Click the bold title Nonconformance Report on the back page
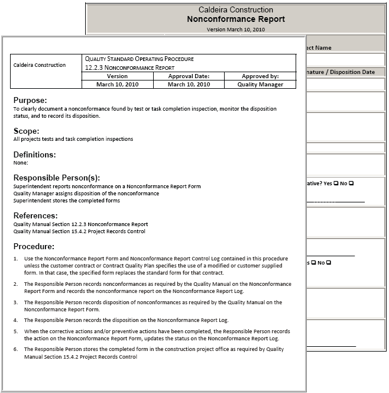point(236,19)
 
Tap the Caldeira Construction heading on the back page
point(236,9)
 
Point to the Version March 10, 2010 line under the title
point(236,29)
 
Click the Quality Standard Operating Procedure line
point(139,59)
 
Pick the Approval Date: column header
point(189,76)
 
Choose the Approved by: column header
point(260,76)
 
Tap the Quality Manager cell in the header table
point(260,85)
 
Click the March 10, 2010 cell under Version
point(117,85)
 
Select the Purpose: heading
point(30,101)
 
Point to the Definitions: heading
point(35,154)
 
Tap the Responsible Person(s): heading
point(57,178)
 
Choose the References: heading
point(35,215)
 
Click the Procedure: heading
point(34,246)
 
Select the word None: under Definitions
point(21,163)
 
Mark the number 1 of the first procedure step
point(15,259)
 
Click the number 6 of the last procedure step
point(15,349)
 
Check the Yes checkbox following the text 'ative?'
point(335,183)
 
